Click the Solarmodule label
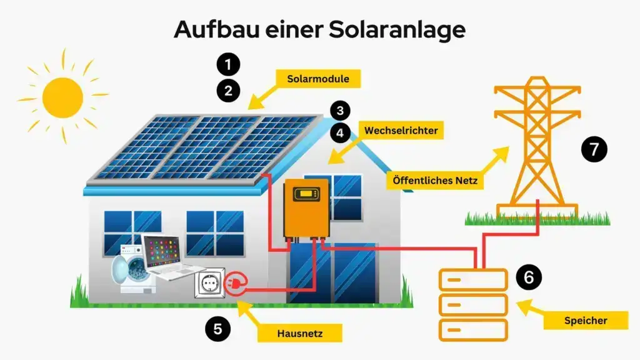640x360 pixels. (x=318, y=79)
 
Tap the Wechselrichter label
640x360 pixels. (x=401, y=131)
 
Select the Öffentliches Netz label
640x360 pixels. (x=435, y=181)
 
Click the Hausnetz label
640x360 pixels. (x=300, y=333)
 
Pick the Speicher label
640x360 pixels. (x=586, y=320)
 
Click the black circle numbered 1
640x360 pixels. (x=228, y=64)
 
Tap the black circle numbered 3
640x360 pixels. (x=339, y=111)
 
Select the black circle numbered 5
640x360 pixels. (x=217, y=329)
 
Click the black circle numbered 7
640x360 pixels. (x=594, y=149)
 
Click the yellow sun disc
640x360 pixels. (x=62, y=97)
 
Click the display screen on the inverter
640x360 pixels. (x=306, y=194)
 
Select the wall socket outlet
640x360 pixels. (x=209, y=285)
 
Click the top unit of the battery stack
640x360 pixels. (x=473, y=279)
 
